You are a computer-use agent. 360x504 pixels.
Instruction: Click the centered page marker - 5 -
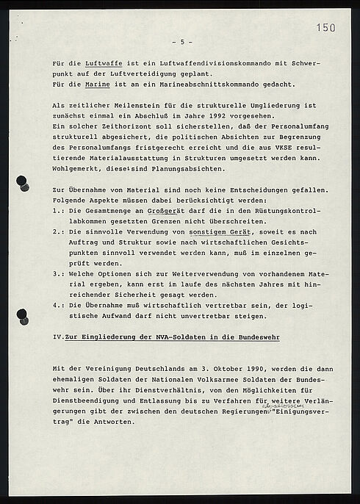[x=181, y=41]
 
